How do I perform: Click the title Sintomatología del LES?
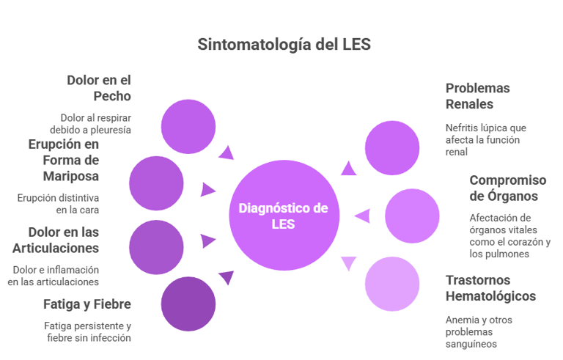284,45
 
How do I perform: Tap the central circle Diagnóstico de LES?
283,216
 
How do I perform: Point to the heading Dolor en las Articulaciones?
64,238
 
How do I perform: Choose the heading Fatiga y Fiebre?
87,304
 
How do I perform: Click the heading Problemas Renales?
478,95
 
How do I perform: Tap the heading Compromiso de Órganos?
508,188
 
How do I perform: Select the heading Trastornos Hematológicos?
490,288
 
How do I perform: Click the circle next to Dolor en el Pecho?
188,125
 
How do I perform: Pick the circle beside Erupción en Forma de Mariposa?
156,183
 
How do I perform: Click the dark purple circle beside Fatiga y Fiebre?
188,304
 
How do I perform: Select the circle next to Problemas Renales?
392,147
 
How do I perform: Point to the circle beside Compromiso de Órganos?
412,216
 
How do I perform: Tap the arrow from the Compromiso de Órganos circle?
361,216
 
